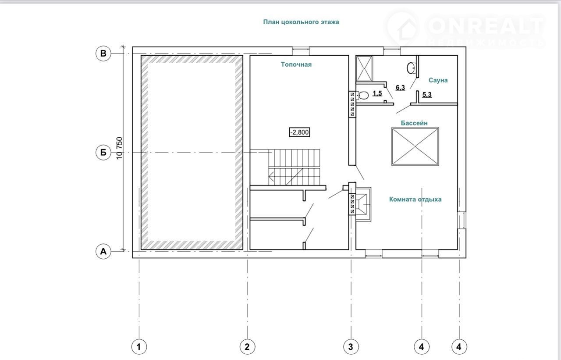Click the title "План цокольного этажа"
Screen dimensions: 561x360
pos(301,22)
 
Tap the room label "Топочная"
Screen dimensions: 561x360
pos(296,64)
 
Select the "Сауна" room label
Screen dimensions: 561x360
pos(438,80)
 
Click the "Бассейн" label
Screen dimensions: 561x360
pos(414,123)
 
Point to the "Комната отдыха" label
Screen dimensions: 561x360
pos(415,200)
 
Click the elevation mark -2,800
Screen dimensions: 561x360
pos(299,132)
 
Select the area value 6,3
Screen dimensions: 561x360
pos(400,88)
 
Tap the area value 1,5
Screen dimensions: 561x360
pos(377,94)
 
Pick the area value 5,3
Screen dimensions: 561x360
pos(427,95)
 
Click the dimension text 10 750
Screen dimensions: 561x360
pos(120,148)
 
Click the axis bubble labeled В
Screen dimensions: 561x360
pos(103,53)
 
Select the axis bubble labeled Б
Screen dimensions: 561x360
pos(103,153)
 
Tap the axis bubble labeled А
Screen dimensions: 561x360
pos(103,251)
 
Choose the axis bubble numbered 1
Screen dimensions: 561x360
pos(139,347)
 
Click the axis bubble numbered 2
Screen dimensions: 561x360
pos(248,347)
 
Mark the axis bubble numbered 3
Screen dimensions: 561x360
pos(351,347)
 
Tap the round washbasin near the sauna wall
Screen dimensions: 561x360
pos(411,68)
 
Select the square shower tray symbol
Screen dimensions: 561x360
pos(364,69)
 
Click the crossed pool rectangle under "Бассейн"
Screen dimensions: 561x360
pos(415,146)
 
